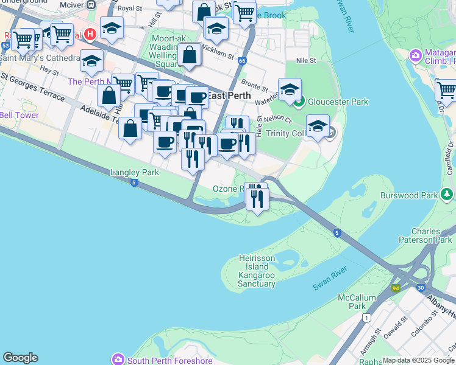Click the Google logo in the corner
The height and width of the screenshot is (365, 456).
point(20,358)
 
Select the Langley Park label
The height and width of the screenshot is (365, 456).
point(134,172)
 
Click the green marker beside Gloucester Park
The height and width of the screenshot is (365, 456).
point(299,102)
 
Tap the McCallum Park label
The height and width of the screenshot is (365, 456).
point(352,302)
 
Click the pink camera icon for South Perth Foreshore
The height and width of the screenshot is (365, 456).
point(118,360)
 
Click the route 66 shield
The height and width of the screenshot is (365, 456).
point(242,61)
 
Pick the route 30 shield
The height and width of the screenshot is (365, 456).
point(421,288)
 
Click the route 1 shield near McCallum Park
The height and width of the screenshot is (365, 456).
point(366,317)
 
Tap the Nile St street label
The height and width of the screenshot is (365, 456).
point(306,60)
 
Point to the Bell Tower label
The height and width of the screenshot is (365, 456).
point(19,115)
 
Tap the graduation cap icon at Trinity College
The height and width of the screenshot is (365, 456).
point(318,126)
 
